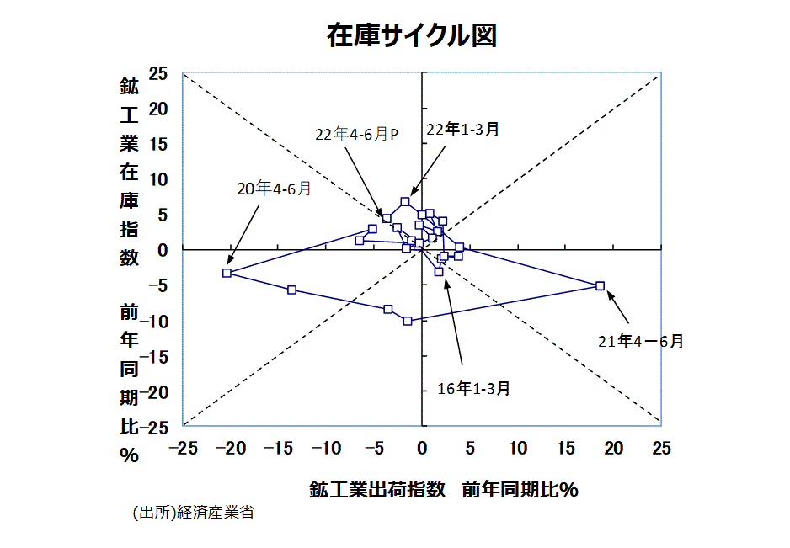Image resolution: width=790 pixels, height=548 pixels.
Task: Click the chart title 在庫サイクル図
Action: [412, 35]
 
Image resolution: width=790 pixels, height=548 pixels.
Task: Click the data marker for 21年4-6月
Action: [601, 285]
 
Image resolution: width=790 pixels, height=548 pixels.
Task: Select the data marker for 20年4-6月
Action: [227, 273]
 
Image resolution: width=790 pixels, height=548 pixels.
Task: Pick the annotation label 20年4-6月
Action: [274, 189]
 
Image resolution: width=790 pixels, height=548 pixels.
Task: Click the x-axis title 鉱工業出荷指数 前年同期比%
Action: [443, 490]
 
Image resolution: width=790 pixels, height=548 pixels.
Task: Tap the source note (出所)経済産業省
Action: [193, 513]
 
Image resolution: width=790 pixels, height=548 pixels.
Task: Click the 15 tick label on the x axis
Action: [566, 449]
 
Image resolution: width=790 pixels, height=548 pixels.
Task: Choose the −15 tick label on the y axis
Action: [155, 357]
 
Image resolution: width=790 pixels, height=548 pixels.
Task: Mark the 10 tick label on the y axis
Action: [159, 179]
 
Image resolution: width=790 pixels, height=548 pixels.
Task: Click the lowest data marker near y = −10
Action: [408, 321]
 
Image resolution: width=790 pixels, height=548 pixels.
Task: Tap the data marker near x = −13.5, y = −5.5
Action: [292, 290]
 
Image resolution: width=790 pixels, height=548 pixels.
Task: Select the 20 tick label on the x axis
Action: [614, 449]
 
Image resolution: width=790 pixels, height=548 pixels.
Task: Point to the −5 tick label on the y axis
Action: [159, 286]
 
